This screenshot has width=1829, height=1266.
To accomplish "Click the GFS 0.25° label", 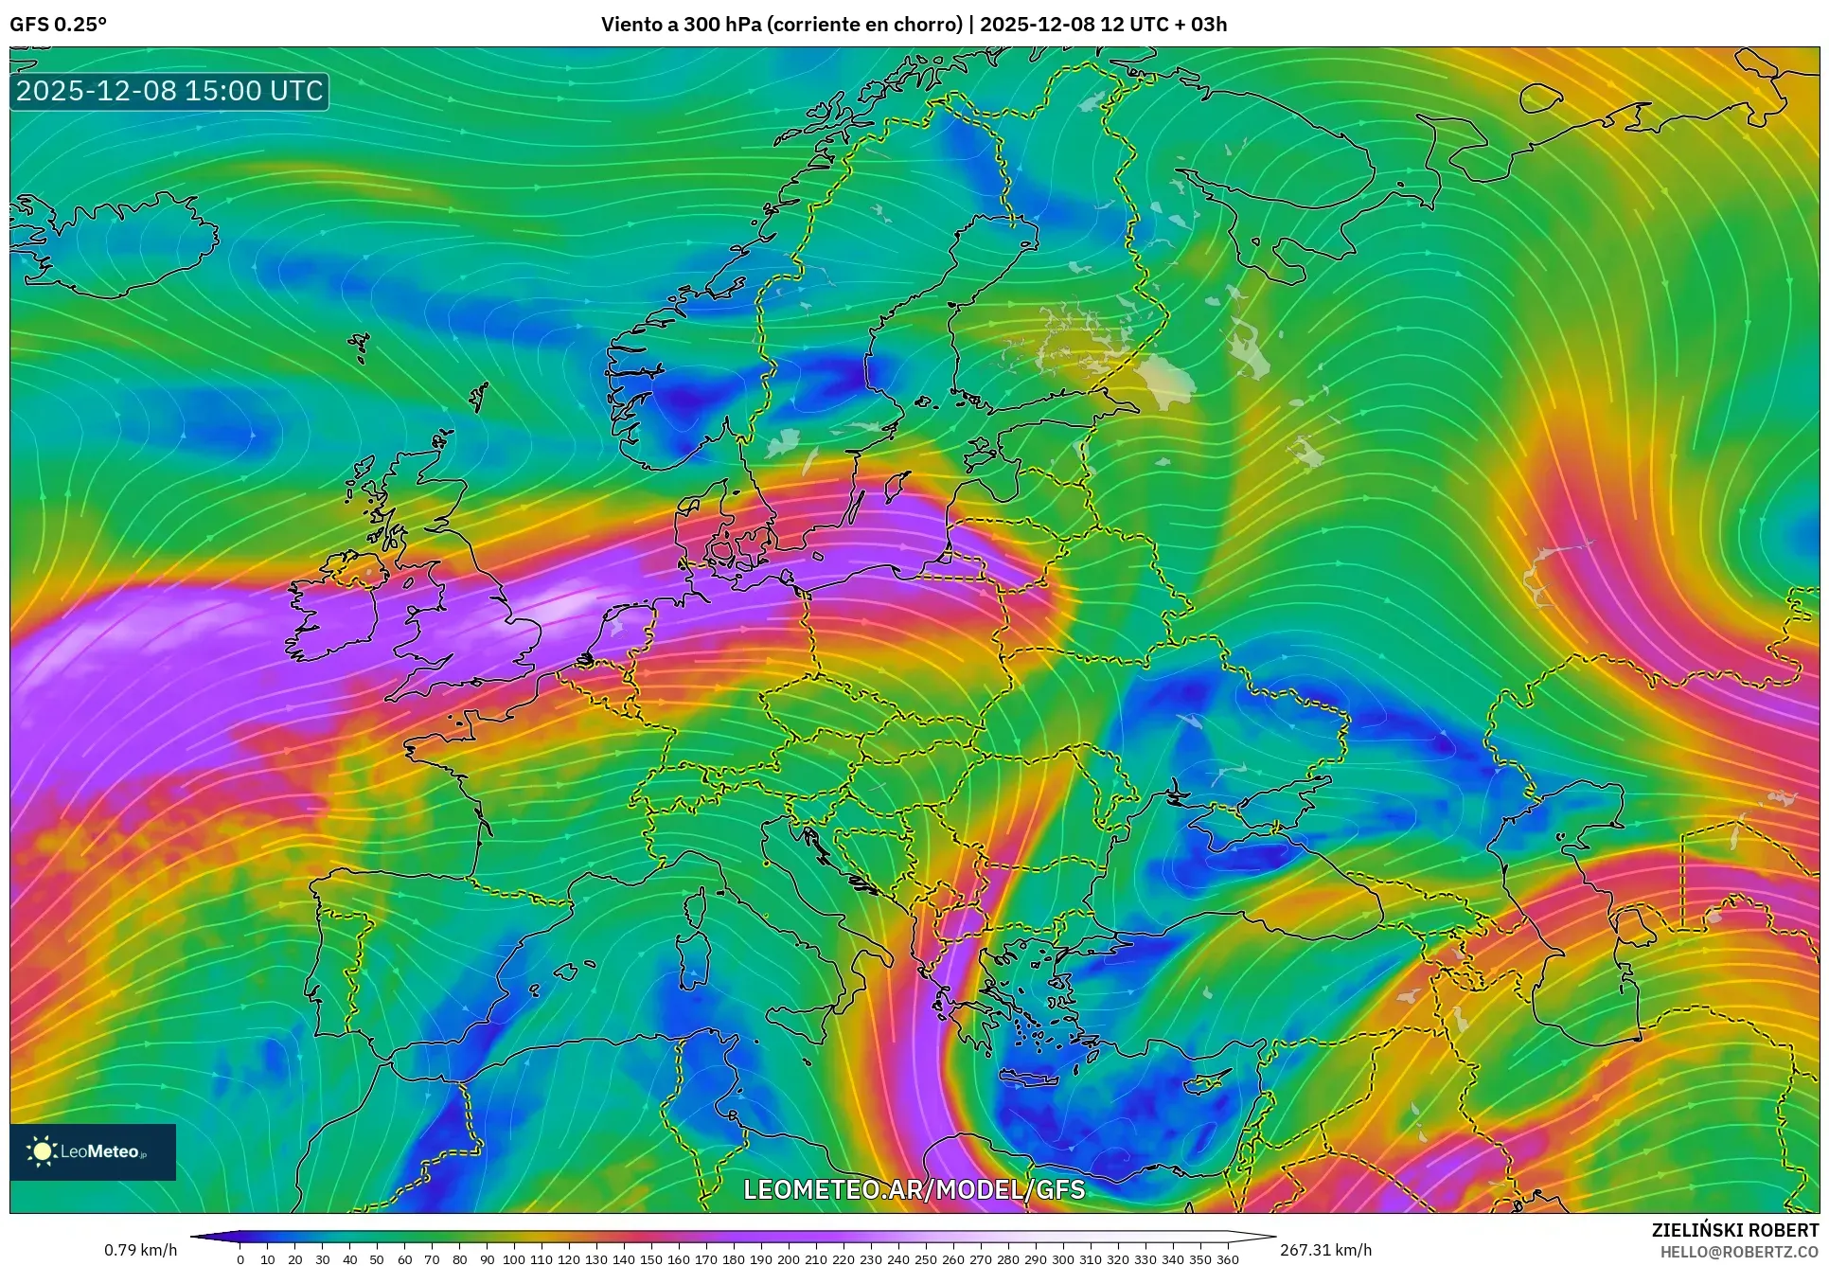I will point(58,25).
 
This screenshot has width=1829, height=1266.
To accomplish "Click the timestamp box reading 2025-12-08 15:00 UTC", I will point(169,91).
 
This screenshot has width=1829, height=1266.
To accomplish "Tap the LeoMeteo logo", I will point(93,1151).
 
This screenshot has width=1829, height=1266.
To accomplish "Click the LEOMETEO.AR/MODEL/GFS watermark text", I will point(914,1189).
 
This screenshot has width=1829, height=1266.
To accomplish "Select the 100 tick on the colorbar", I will point(514,1258).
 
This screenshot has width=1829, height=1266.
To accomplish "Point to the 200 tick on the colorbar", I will point(789,1258).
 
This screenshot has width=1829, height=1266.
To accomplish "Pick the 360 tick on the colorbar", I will point(1227,1258).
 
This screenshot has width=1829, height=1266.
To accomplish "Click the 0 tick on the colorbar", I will point(240,1258).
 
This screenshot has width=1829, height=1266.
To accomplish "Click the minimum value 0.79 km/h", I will point(140,1250).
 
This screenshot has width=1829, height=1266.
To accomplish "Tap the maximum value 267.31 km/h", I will point(1325,1250).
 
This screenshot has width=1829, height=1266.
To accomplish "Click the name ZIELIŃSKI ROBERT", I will point(1734,1230).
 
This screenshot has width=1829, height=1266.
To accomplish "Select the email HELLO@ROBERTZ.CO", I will point(1739,1252).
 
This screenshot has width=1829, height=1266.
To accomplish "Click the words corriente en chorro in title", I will point(863,25).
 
